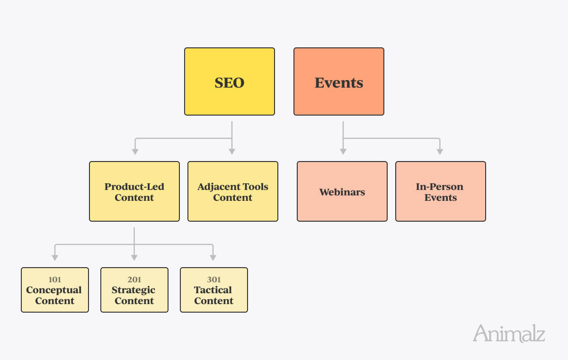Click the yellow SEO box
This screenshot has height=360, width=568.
click(x=230, y=81)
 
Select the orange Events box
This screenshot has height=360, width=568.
click(x=339, y=81)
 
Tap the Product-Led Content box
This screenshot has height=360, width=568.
click(x=134, y=191)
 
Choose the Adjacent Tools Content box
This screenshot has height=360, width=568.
click(x=233, y=191)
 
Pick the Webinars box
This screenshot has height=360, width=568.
click(x=342, y=191)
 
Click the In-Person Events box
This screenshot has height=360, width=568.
click(x=441, y=191)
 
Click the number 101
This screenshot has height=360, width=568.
click(x=55, y=279)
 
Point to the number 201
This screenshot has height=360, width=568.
click(x=134, y=279)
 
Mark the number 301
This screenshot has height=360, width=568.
click(x=214, y=279)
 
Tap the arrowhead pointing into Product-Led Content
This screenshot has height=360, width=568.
click(x=135, y=152)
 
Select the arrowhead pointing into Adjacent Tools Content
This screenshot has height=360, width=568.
click(x=232, y=152)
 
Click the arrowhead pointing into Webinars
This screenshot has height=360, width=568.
click(x=343, y=152)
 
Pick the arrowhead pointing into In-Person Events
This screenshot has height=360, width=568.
click(x=440, y=152)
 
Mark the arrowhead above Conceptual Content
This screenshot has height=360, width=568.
click(x=55, y=258)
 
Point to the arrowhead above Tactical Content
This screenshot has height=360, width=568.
click(x=213, y=258)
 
